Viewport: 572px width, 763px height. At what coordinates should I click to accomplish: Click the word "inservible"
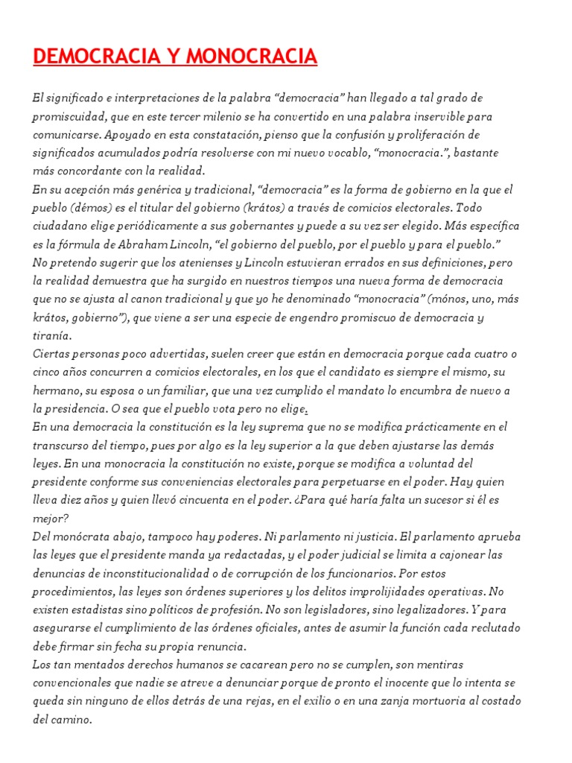431,117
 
